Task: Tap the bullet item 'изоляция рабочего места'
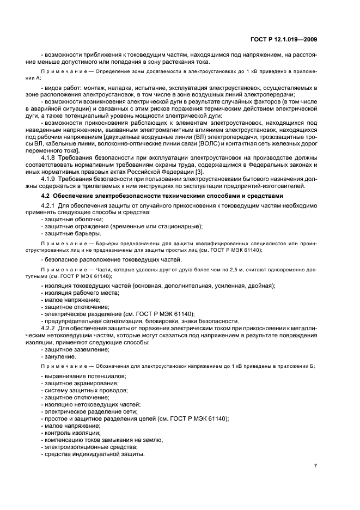tap(78, 293)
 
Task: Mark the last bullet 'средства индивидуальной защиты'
tap(93, 454)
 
